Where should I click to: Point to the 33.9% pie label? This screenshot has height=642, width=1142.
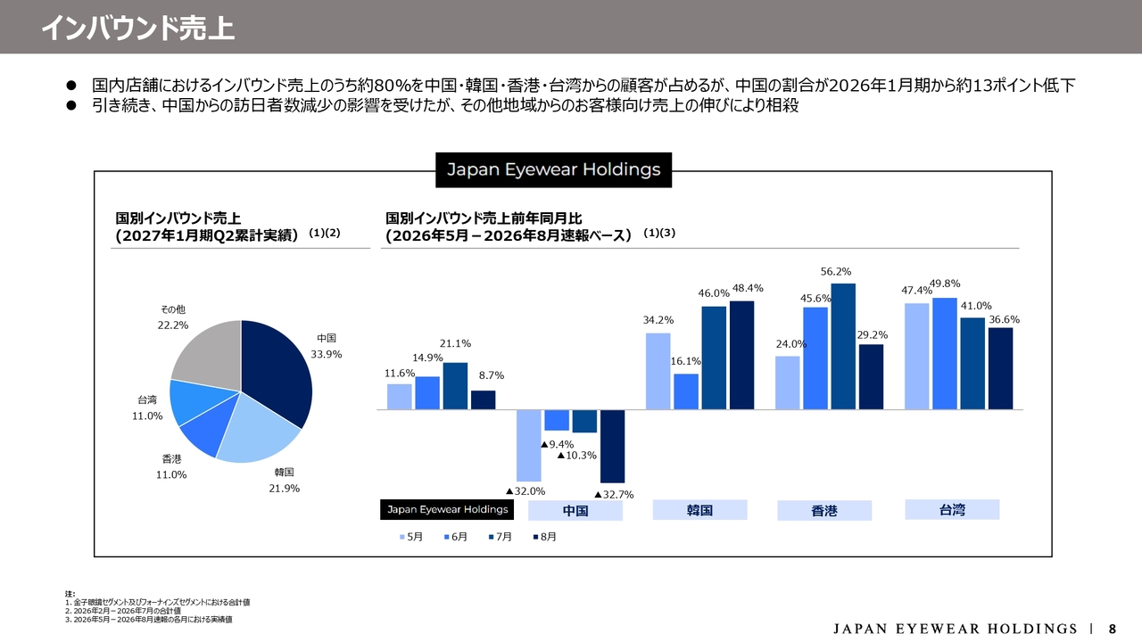pos(327,354)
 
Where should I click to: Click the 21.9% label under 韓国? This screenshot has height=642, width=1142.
pos(285,488)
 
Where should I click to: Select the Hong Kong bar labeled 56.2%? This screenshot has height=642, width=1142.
pos(843,347)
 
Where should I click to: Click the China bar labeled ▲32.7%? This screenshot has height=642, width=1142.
pos(612,447)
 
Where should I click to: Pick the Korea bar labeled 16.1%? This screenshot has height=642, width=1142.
pos(686,391)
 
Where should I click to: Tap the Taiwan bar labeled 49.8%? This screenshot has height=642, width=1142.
pos(945,354)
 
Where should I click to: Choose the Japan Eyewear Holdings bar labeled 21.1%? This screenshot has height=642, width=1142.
pos(455,386)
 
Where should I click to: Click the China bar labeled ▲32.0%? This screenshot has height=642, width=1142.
pos(529,446)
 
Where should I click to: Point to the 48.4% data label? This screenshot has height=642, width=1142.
pos(748,288)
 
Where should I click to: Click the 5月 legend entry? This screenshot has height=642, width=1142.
pos(411,537)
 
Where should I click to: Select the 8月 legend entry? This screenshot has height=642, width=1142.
pos(545,537)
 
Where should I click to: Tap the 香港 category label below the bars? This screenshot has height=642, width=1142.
pos(824,511)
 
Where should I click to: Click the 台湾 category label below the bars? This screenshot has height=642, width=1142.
pos(952,509)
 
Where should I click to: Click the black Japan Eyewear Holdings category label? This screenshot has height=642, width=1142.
pos(447,509)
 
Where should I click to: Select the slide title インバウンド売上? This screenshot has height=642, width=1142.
pos(138,28)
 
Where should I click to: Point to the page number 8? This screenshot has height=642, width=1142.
pos(1113,629)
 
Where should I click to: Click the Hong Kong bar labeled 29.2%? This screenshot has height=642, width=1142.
pos(872,377)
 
